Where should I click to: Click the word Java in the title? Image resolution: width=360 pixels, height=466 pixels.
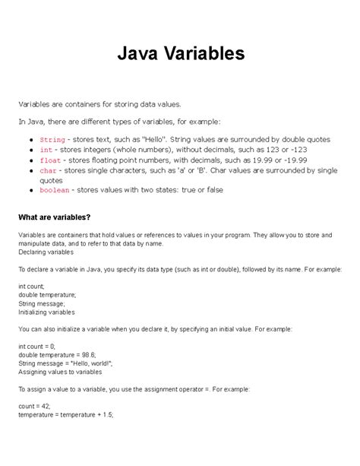(x=141, y=53)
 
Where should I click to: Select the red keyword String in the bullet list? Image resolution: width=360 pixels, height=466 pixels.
(x=52, y=141)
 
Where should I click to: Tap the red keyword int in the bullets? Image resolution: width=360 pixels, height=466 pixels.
(x=46, y=151)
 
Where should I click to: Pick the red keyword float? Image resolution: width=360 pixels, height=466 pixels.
(x=50, y=160)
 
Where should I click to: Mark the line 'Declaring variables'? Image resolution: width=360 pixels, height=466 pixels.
(x=47, y=252)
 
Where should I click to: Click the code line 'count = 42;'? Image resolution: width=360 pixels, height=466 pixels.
(x=36, y=406)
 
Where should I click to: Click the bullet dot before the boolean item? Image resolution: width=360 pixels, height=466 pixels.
(x=30, y=190)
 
